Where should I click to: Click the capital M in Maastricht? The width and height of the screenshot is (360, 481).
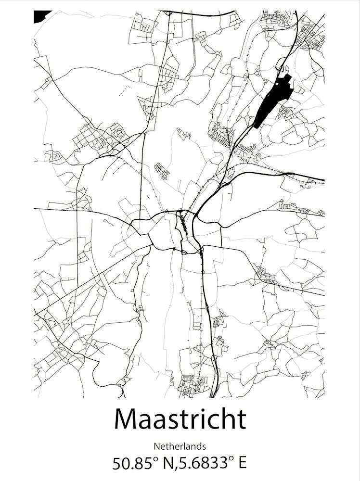(127, 419)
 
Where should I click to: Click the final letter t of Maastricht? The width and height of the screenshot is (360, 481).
(241, 420)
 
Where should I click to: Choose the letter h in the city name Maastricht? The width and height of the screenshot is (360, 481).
(228, 419)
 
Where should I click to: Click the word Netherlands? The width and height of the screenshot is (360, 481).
(180, 446)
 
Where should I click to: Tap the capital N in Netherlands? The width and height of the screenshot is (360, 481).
(157, 446)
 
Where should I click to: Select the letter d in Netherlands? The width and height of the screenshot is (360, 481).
(199, 446)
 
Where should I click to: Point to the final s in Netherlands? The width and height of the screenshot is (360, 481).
(204, 447)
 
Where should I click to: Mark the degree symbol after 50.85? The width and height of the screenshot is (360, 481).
(155, 459)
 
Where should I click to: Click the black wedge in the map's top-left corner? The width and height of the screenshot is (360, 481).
(40, 15)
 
